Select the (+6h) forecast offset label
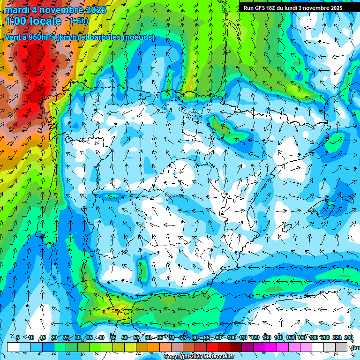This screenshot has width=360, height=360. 79,21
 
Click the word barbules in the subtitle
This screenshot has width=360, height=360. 105,37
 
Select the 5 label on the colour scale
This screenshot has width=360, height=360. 18,337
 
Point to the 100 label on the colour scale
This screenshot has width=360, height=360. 231,337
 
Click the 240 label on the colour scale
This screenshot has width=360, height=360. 348,337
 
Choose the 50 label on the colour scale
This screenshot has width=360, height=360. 125,337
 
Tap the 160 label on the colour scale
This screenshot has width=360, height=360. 302,337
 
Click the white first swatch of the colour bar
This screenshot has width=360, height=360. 13,347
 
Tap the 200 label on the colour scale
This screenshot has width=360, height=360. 325,337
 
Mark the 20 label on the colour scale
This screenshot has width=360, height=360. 54,337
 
